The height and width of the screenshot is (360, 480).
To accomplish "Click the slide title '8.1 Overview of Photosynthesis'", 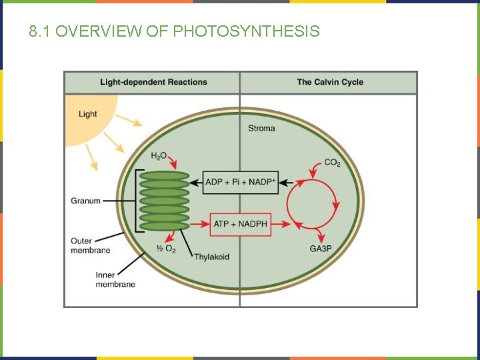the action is [x=175, y=31].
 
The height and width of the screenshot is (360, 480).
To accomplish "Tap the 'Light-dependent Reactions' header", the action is [x=153, y=83].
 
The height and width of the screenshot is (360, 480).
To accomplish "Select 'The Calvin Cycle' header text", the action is [x=330, y=83].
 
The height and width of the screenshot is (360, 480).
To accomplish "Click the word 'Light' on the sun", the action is [x=88, y=114].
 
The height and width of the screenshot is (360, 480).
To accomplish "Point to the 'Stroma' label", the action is [x=261, y=128].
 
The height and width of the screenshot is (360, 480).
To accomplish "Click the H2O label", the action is [x=159, y=156].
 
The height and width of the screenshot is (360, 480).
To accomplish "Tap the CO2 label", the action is [x=332, y=163].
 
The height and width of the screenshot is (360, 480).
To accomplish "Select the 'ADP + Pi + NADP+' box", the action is [x=240, y=182].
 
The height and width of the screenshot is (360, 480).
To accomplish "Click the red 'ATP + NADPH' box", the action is [x=241, y=224].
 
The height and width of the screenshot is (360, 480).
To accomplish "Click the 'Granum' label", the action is [x=86, y=201].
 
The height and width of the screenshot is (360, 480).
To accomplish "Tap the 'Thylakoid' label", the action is [x=212, y=256].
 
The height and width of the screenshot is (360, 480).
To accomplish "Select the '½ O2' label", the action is [x=165, y=249].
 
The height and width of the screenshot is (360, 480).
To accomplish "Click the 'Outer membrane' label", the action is [x=91, y=245].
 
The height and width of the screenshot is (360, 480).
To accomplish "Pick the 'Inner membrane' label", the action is [x=115, y=279].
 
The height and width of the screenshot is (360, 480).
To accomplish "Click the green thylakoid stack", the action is [x=164, y=201].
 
